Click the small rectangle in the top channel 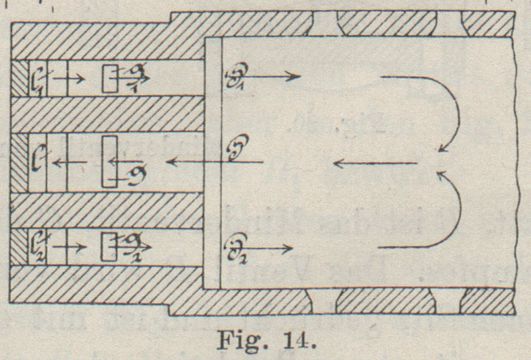tap(109, 78)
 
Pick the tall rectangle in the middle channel tap(109, 161)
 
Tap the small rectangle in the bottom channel tap(108, 247)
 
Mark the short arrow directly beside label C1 tap(68, 77)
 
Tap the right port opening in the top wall tap(448, 23)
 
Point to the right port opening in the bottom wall tap(448, 302)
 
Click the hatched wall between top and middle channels tap(107, 114)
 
